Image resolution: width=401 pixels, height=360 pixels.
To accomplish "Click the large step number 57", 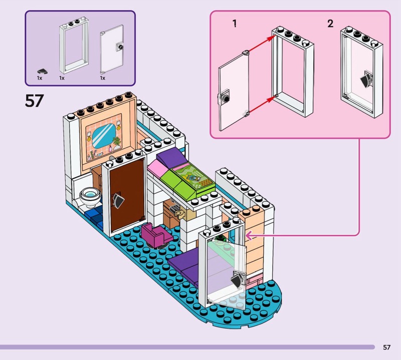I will (34, 101).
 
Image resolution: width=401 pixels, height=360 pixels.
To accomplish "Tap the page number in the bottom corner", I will (386, 347).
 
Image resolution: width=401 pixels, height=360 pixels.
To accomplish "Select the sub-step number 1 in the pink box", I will (235, 24).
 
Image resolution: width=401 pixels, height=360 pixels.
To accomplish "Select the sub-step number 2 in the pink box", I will (330, 24).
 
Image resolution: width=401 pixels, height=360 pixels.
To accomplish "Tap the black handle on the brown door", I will (119, 200).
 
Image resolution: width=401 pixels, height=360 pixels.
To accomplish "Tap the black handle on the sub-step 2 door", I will (366, 81).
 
